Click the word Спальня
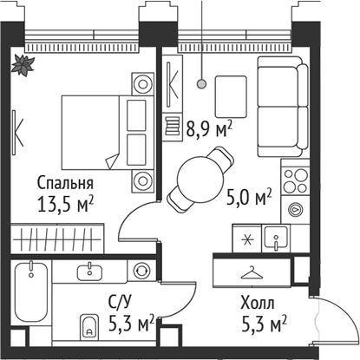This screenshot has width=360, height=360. (65, 184)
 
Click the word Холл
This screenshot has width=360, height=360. (258, 304)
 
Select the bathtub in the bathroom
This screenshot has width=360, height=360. (30, 304)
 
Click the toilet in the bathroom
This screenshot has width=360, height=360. (89, 327)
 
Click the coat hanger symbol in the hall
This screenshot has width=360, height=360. (251, 272)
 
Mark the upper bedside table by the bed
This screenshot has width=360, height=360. (141, 84)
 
